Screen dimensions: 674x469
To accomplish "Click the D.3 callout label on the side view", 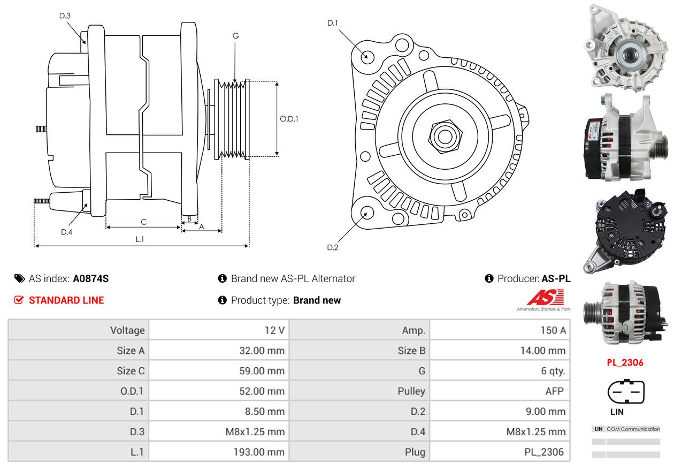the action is tap(65, 16).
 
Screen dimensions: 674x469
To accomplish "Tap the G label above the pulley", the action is tap(235, 36).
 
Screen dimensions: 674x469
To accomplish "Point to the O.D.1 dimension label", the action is tap(289, 119).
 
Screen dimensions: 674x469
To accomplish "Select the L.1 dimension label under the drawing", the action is tap(140, 239).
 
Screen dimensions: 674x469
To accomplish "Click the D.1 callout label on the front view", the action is tap(333, 23).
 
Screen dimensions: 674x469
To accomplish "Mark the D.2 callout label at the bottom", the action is tap(333, 247).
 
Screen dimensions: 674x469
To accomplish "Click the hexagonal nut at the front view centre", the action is tap(445, 137).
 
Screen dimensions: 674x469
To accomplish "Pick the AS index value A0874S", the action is tap(91, 278).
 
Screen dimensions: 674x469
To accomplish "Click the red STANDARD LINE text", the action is tap(66, 300).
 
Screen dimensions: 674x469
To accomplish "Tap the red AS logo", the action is tap(545, 297).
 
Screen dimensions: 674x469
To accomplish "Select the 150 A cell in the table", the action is tap(553, 330).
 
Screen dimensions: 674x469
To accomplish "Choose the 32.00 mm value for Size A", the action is tap(262, 351).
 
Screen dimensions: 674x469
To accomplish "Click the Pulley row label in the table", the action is tap(411, 391).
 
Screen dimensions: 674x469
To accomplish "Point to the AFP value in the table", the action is tap(555, 391).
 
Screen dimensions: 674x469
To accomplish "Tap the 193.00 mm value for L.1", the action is tap(259, 452).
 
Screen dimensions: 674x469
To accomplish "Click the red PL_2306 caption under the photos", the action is tap(625, 362).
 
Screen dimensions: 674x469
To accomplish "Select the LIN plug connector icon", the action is tap(626, 391).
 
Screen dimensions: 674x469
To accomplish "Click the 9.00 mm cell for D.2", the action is tap(546, 412).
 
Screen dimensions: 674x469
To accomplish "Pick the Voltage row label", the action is tap(127, 330).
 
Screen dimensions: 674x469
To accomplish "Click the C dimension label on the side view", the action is tap(143, 222).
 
